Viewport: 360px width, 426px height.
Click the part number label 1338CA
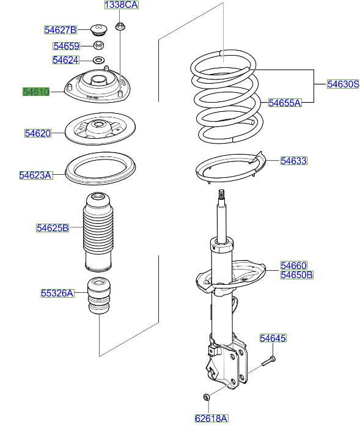pos(121,5)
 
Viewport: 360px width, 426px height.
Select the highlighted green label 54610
pos(36,92)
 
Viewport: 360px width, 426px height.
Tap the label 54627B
pos(60,29)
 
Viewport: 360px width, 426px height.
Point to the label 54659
pos(66,46)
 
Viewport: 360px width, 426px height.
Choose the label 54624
pos(65,60)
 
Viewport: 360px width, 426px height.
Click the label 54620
pos(38,133)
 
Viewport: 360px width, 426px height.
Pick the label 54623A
pos(35,175)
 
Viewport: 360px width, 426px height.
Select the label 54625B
pos(52,228)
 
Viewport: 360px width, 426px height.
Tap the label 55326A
pos(57,293)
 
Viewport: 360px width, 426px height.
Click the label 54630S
pos(342,84)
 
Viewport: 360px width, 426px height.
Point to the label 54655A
pos(285,103)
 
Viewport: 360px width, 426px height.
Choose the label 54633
pos(293,161)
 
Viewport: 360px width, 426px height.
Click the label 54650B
pos(296,275)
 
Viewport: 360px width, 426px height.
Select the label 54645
pos(272,338)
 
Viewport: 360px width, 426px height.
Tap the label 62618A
pos(211,418)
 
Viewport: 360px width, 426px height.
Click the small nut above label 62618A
pos(206,397)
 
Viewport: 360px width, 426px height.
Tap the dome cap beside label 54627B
pos(97,29)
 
